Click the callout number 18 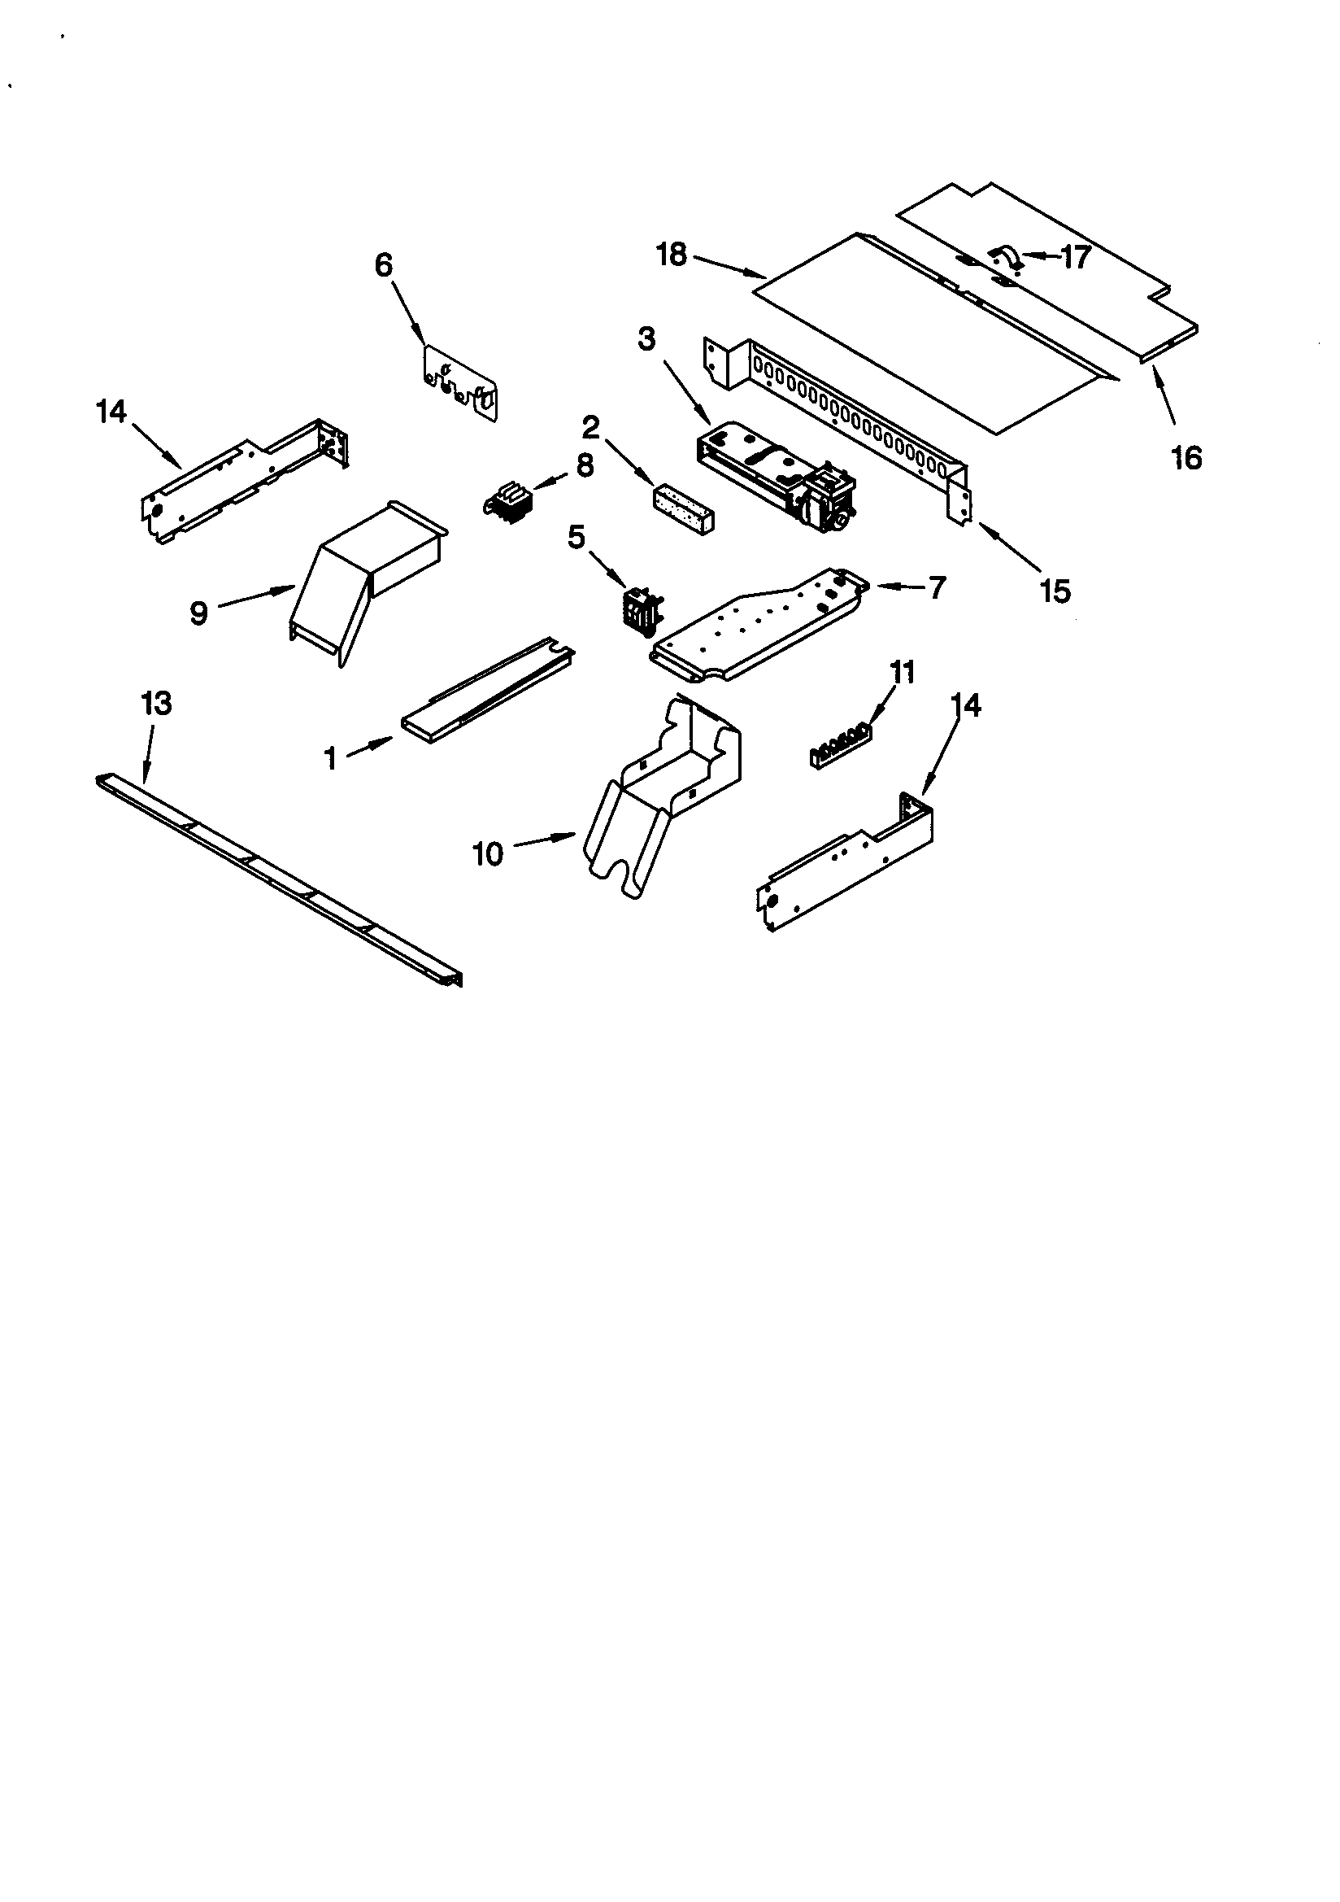pyautogui.click(x=672, y=255)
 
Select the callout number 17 pyautogui.click(x=1075, y=258)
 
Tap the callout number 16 pyautogui.click(x=1186, y=457)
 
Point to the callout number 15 pyautogui.click(x=1055, y=591)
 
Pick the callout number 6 pyautogui.click(x=383, y=265)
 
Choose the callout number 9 pyautogui.click(x=198, y=613)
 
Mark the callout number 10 pyautogui.click(x=488, y=853)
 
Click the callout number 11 pyautogui.click(x=902, y=672)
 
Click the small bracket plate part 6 pyautogui.click(x=460, y=382)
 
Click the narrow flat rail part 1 pyautogui.click(x=489, y=686)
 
